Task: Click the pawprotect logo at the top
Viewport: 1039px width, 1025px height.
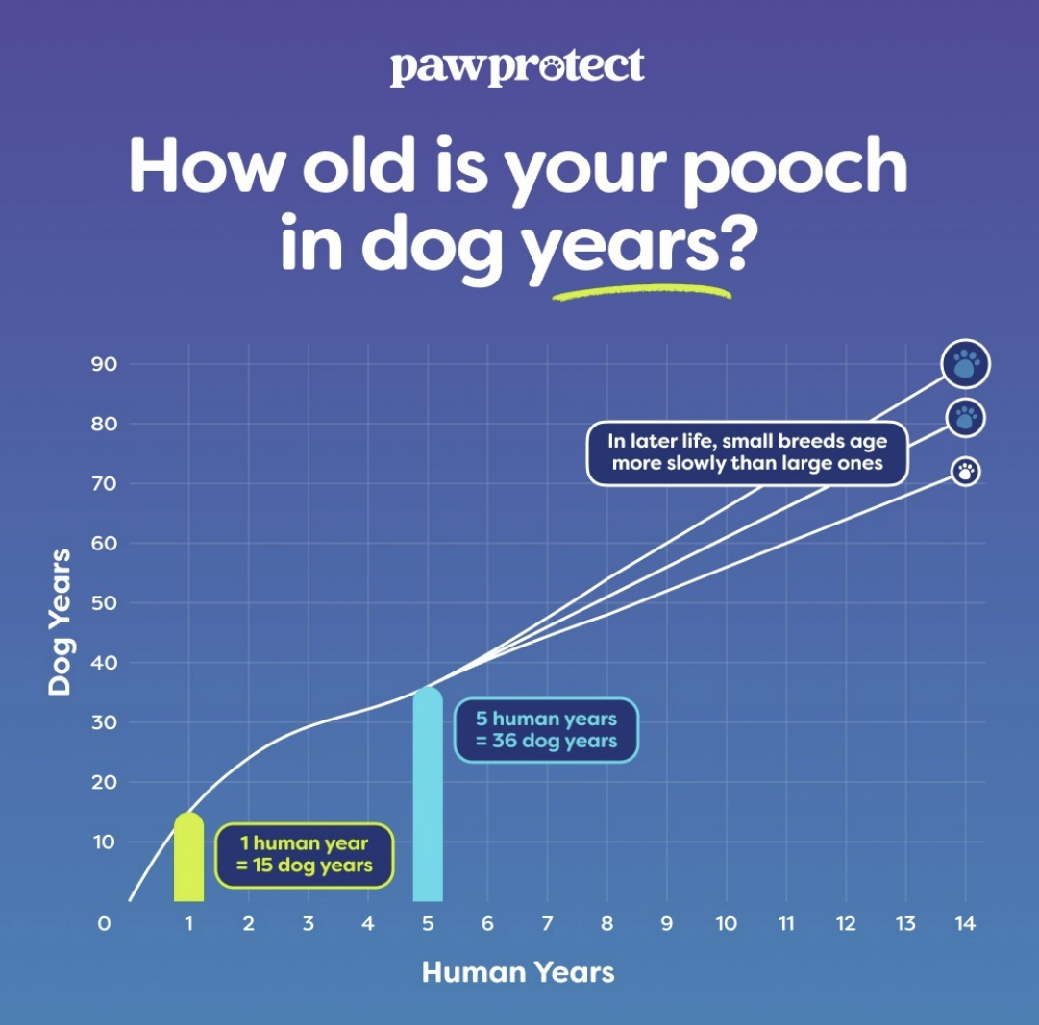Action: point(517,68)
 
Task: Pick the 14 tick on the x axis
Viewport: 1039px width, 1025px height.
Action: point(965,924)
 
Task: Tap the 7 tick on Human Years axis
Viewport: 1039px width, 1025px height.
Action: point(547,924)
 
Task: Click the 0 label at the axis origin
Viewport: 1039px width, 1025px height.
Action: point(104,924)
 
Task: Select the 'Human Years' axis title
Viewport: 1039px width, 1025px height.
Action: point(518,971)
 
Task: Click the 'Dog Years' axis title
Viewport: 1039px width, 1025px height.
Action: point(61,622)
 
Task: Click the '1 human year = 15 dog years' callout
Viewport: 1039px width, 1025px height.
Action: point(304,855)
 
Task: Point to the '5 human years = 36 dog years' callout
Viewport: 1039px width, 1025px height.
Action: point(546,730)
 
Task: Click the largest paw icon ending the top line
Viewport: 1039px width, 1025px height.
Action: point(966,364)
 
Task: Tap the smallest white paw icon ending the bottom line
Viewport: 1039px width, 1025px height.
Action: point(966,472)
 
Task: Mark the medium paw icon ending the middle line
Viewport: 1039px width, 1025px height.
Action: point(966,418)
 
